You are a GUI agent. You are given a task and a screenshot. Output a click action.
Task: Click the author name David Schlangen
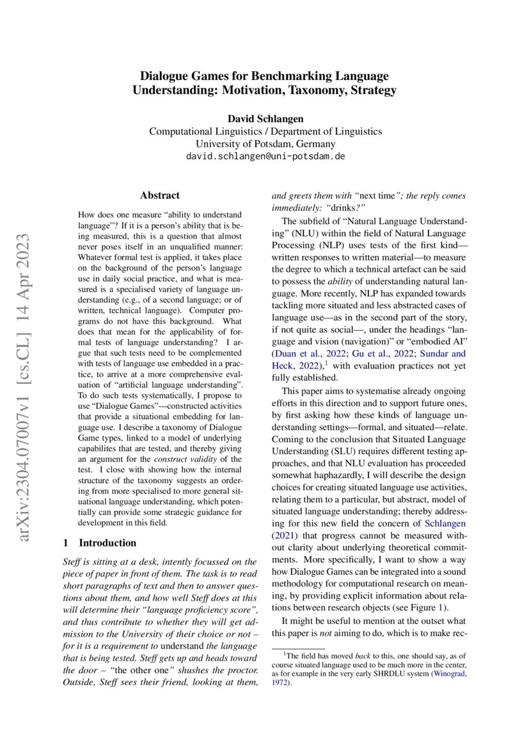(265, 118)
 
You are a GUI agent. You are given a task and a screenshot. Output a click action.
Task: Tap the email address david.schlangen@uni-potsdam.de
(265, 156)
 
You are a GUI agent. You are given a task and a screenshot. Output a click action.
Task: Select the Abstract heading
(160, 195)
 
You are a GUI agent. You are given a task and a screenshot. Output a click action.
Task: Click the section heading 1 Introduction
(100, 543)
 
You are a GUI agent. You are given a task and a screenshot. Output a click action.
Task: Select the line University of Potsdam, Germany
(265, 143)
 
